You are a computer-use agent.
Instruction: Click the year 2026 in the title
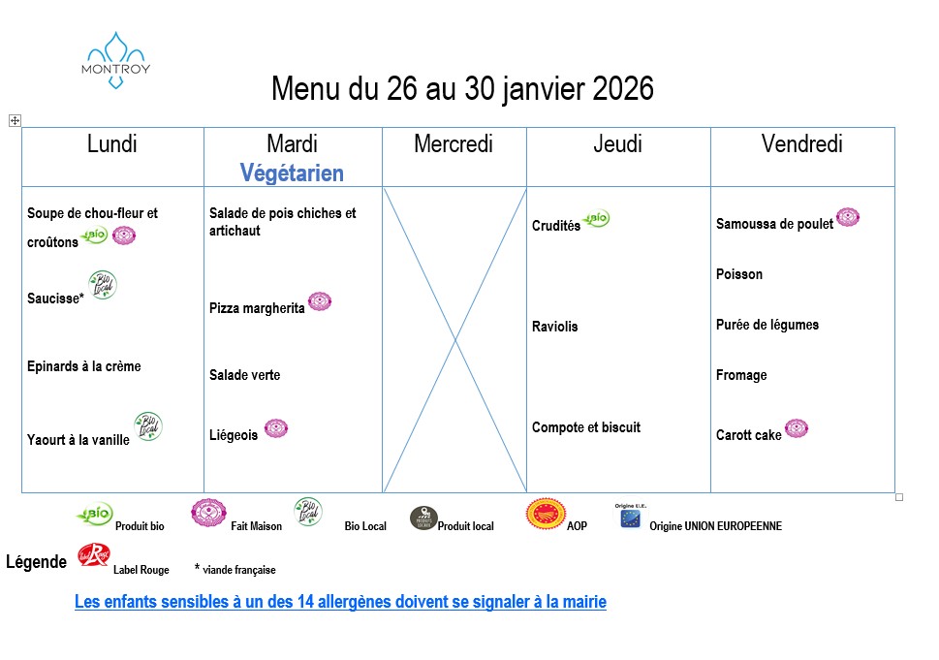point(622,89)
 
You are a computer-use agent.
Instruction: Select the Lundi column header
point(112,144)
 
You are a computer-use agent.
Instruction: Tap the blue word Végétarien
point(292,173)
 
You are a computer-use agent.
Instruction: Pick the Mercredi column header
point(454,144)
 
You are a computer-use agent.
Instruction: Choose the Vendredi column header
point(801,144)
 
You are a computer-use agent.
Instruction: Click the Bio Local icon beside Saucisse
point(102,285)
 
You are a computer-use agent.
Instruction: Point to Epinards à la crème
point(84,366)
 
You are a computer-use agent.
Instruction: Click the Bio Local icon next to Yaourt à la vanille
point(147,426)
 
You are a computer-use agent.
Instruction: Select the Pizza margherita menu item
point(257,308)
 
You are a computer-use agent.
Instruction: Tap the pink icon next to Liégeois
point(276,428)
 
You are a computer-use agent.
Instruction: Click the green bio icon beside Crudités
point(597,219)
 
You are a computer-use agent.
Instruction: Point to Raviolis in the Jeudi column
point(555,327)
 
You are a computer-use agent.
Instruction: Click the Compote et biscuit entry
point(586,427)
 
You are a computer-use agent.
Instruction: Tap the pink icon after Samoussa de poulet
point(848,217)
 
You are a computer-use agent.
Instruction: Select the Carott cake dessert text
point(749,435)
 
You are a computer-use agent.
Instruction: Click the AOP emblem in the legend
point(546,514)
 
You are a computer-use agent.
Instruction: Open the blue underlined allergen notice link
point(340,602)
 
